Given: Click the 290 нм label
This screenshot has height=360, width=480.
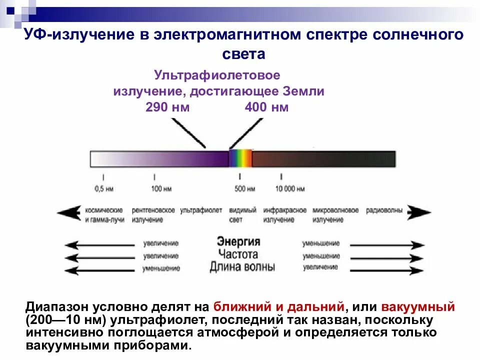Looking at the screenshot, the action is point(167,107).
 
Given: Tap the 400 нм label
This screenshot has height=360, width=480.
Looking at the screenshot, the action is point(266,107).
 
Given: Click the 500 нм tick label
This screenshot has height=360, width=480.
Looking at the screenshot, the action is point(245,189).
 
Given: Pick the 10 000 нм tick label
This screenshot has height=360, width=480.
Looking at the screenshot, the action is point(290,189).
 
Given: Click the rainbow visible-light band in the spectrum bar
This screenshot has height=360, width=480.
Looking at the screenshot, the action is point(240,159).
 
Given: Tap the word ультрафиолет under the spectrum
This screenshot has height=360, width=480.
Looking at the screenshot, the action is point(200,210).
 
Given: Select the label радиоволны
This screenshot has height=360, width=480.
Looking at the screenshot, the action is point(384,210).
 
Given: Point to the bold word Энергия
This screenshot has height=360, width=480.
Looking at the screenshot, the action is point(238,241).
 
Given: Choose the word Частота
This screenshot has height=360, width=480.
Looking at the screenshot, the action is point(241,254).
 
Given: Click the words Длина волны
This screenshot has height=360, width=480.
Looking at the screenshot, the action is point(242,266).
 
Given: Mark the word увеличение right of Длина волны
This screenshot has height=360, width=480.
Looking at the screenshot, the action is point(319,267).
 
